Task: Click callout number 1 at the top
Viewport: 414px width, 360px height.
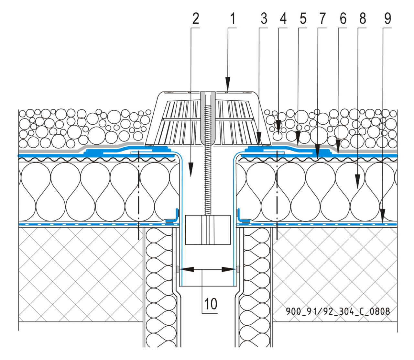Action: (x=232, y=19)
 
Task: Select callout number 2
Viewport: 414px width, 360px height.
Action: (x=196, y=19)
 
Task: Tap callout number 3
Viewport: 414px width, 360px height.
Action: (x=264, y=19)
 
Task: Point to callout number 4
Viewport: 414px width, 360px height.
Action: (x=283, y=19)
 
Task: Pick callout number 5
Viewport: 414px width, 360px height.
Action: (x=302, y=19)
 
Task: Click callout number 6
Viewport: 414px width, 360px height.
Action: (x=343, y=19)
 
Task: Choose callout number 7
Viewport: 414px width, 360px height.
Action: (x=322, y=19)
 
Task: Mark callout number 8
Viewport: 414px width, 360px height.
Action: (x=362, y=19)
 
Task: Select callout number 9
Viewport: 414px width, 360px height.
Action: (x=387, y=19)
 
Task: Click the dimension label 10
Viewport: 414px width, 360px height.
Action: (x=210, y=304)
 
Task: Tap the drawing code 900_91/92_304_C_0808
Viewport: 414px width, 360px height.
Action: (x=338, y=311)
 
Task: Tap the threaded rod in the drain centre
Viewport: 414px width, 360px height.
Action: (x=208, y=181)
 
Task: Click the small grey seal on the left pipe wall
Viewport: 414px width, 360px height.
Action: (x=178, y=269)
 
